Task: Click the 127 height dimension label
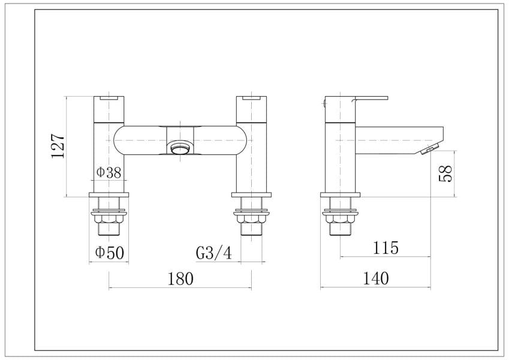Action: coord(58,146)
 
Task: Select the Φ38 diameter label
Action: coord(109,173)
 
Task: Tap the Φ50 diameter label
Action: coord(109,253)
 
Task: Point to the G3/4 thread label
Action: coord(214,253)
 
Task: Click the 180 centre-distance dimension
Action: coord(180,279)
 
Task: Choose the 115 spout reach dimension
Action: coord(385,248)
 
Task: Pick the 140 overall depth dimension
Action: coord(375,278)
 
